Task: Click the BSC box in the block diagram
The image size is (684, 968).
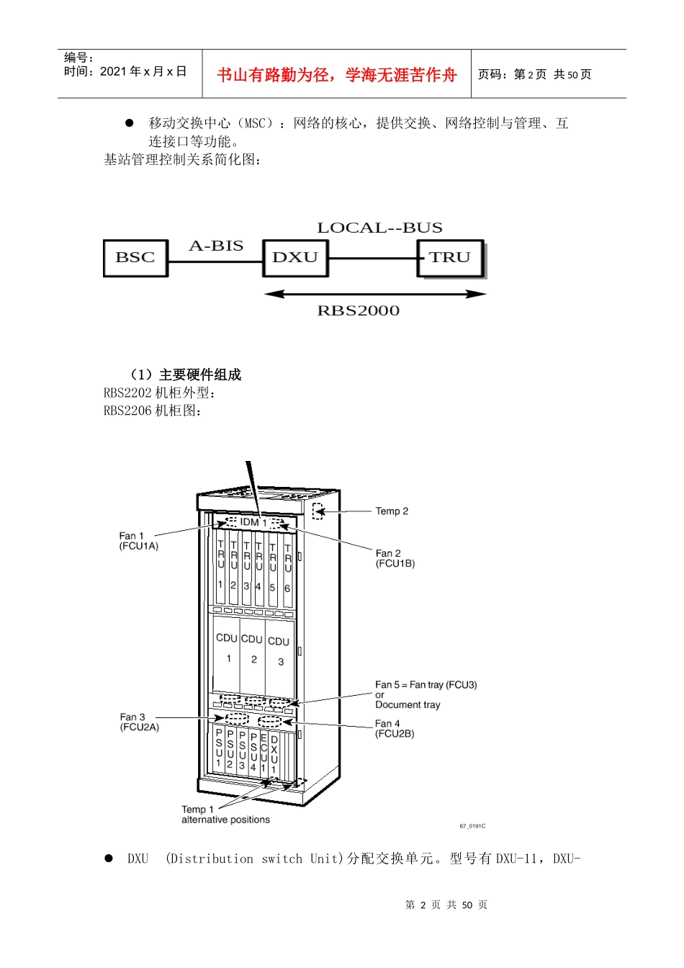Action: [135, 258]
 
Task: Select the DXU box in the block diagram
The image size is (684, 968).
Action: [295, 258]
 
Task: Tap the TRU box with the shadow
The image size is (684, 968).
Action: [451, 259]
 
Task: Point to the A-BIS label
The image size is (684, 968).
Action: [216, 246]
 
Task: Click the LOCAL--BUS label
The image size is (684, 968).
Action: [380, 228]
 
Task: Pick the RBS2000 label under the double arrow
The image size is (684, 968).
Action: [359, 310]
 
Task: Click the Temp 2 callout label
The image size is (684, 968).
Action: [392, 511]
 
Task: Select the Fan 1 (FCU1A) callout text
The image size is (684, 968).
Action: [139, 541]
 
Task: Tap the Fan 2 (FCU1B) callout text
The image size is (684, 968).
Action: [395, 558]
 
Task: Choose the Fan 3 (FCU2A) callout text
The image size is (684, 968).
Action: [139, 722]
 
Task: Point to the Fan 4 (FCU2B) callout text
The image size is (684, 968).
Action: [395, 728]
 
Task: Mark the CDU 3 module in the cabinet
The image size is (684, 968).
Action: [279, 658]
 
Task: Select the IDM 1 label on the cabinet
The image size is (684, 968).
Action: [253, 522]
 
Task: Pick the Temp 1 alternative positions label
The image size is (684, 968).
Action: [225, 814]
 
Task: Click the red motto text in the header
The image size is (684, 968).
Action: [336, 75]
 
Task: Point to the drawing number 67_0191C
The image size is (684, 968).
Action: [472, 826]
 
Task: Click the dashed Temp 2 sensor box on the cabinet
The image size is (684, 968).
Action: [318, 511]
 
